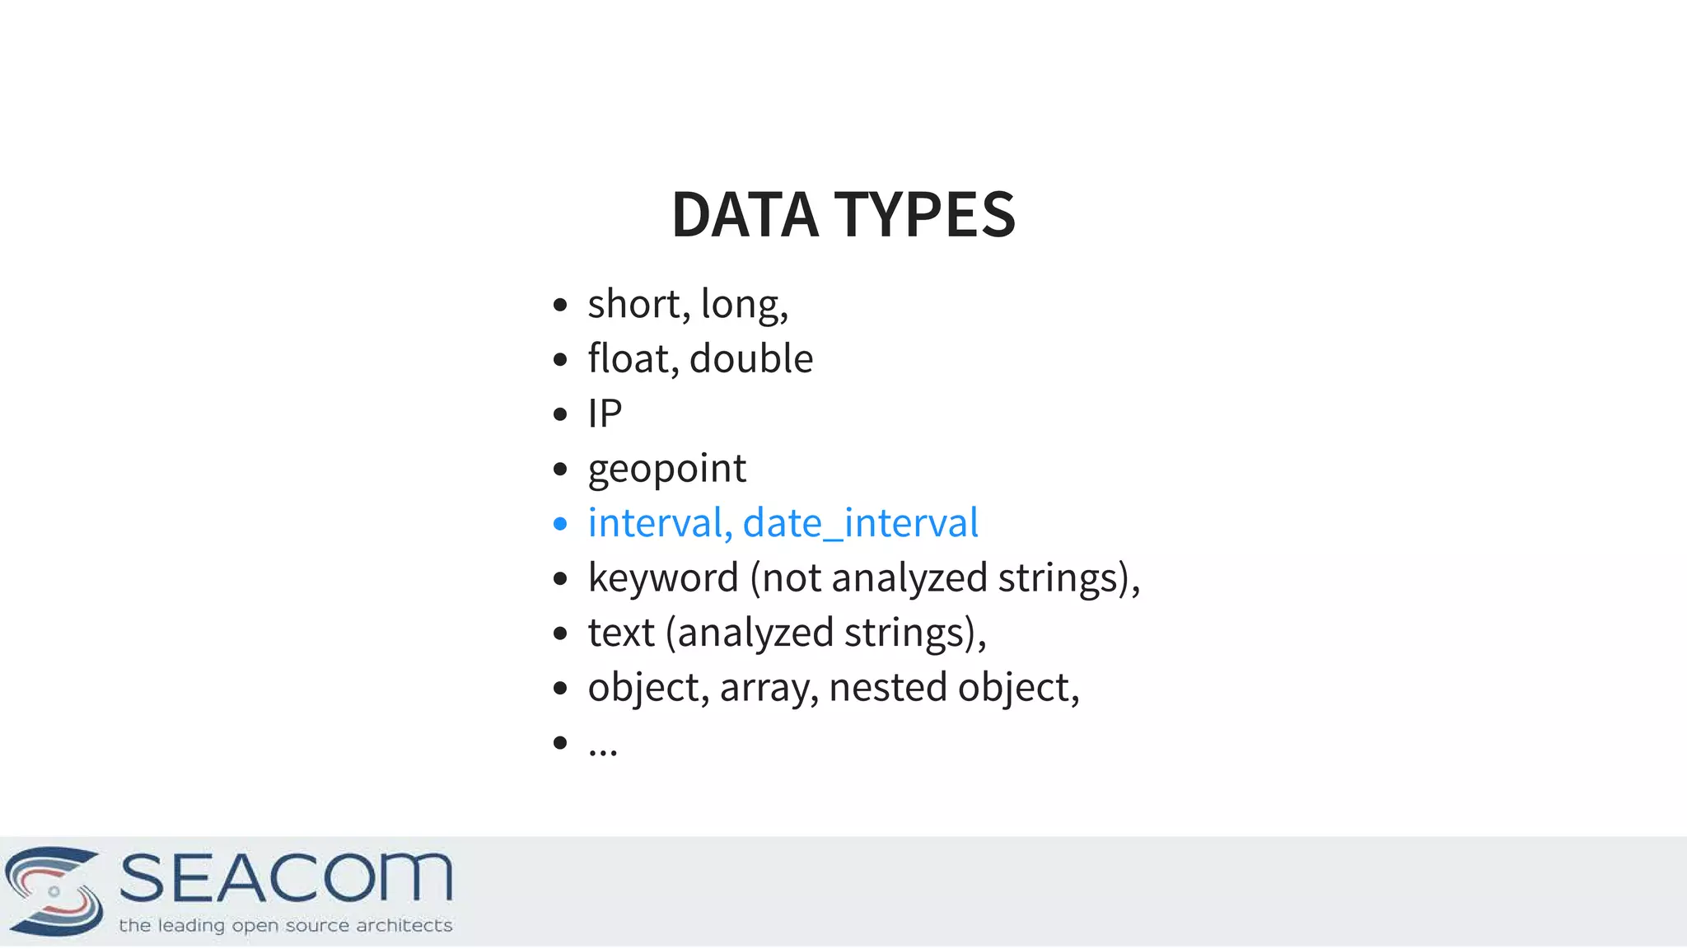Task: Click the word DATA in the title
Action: (x=745, y=215)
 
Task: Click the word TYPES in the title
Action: (x=925, y=215)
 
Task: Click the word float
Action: (x=629, y=359)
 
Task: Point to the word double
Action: (x=750, y=359)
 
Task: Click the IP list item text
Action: (x=605, y=414)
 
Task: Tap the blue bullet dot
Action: (x=560, y=524)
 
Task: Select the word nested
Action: (x=887, y=688)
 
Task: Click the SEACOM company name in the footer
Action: (x=286, y=878)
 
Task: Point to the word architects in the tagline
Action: (x=404, y=926)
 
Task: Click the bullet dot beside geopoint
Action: (x=560, y=470)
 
